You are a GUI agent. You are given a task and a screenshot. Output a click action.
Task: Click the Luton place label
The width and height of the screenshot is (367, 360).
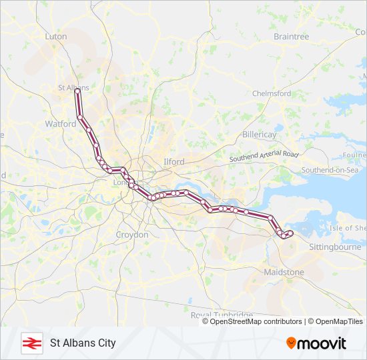point(56,37)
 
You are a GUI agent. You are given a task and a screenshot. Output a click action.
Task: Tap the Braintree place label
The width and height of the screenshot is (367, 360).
point(291,37)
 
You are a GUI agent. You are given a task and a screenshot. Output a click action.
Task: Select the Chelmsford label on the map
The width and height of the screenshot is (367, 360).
point(271,94)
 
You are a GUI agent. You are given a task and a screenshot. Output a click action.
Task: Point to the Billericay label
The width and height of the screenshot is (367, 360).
point(259,135)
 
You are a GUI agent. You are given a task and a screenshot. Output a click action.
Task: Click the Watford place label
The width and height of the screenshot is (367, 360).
point(61,124)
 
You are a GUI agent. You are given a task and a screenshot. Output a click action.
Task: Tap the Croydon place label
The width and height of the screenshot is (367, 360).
point(132,235)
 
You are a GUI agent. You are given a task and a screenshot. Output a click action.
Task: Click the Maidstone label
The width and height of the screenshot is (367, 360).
point(284,273)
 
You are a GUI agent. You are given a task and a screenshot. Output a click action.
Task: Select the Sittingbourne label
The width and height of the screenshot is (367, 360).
point(335,247)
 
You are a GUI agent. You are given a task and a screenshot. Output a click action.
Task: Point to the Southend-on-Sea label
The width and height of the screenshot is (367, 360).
point(330,171)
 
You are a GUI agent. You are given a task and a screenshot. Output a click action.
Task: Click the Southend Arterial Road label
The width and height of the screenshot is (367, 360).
point(264,157)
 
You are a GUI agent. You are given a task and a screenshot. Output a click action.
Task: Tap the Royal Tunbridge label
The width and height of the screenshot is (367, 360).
point(222,315)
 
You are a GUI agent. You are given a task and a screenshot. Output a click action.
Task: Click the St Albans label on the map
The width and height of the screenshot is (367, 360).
point(73,87)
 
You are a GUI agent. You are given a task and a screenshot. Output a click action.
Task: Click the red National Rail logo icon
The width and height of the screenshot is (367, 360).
point(30,343)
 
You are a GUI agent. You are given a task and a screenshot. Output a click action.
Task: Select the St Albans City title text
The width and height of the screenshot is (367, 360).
point(83,343)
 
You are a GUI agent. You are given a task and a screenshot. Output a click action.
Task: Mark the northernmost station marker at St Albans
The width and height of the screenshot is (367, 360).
point(77,91)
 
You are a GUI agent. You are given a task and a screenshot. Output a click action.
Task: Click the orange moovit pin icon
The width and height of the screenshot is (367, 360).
point(291,343)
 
